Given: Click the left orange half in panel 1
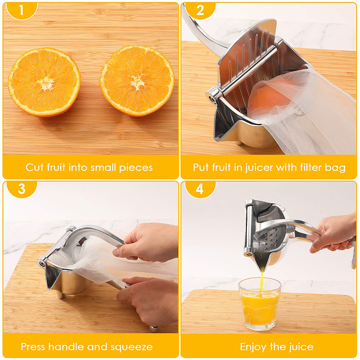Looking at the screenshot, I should [x=44, y=82].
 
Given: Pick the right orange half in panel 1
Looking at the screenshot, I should [x=137, y=81].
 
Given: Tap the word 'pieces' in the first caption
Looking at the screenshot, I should [x=137, y=168].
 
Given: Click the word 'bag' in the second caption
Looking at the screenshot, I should [x=336, y=168].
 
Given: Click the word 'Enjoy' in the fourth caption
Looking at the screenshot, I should [x=253, y=347].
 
